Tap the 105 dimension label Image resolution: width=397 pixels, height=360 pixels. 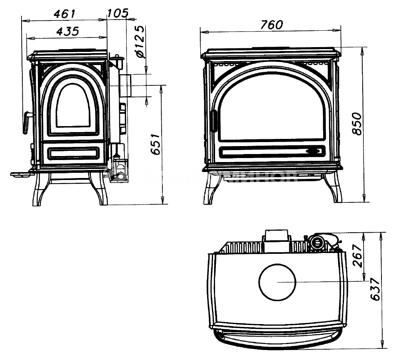coord(118,13)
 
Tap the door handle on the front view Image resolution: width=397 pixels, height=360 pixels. coord(214,121)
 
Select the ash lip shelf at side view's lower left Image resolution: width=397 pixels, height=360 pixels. coord(22,174)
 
